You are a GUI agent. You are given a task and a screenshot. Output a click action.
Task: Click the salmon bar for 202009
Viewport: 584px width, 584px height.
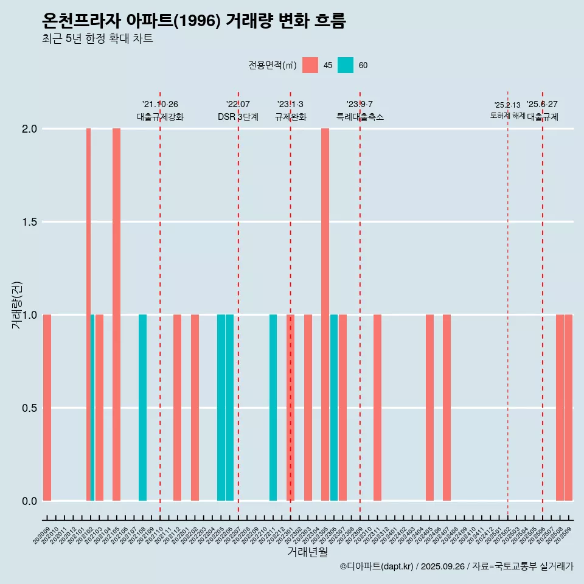(x=47, y=408)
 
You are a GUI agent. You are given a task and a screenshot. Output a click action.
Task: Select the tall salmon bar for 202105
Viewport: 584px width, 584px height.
(x=116, y=315)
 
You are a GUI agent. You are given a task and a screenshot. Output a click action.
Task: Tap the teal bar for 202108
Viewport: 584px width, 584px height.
(x=142, y=408)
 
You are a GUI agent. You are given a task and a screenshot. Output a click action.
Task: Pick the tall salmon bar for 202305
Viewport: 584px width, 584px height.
(x=325, y=315)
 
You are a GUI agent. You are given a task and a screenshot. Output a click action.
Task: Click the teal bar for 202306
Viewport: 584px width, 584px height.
(x=334, y=408)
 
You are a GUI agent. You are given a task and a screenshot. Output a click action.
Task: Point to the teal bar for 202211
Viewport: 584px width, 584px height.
(x=273, y=408)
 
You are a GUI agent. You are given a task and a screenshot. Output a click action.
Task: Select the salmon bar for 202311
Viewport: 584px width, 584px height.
(x=377, y=408)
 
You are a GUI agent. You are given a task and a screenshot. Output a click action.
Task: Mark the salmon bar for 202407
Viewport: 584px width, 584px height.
(x=447, y=408)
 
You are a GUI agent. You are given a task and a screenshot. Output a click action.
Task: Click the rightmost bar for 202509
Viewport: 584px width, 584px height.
(x=568, y=408)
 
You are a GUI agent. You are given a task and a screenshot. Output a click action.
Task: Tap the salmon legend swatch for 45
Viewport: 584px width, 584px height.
(x=310, y=65)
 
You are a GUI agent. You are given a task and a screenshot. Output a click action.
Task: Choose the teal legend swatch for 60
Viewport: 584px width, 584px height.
(x=346, y=65)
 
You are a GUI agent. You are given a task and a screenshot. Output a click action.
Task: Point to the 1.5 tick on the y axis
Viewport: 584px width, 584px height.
(x=30, y=222)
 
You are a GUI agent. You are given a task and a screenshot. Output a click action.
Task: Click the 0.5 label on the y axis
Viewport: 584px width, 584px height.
(x=30, y=408)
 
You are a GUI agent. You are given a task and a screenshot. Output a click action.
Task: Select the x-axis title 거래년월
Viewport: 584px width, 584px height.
(x=307, y=552)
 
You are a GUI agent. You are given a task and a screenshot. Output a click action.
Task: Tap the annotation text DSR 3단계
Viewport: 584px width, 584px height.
(x=238, y=117)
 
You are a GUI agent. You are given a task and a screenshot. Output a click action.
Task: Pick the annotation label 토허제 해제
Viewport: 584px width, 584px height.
(x=507, y=116)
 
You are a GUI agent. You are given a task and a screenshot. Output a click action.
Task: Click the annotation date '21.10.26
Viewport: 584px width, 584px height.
(x=160, y=105)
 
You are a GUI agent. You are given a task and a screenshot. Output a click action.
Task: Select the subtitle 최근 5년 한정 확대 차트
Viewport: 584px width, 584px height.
(x=97, y=39)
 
